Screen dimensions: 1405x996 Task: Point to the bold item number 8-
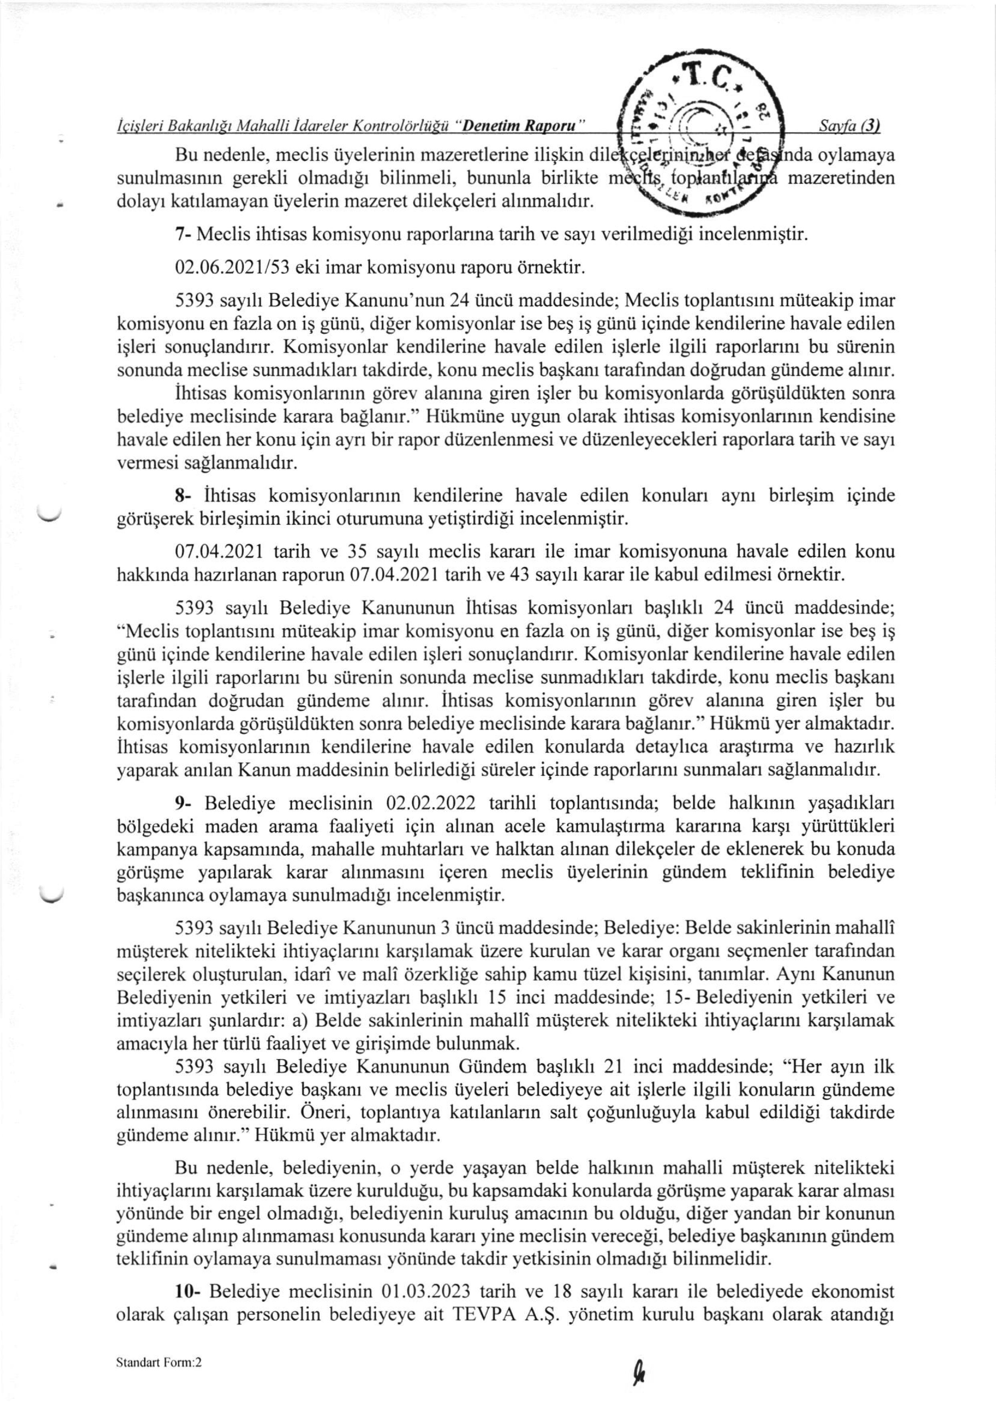click(185, 495)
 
